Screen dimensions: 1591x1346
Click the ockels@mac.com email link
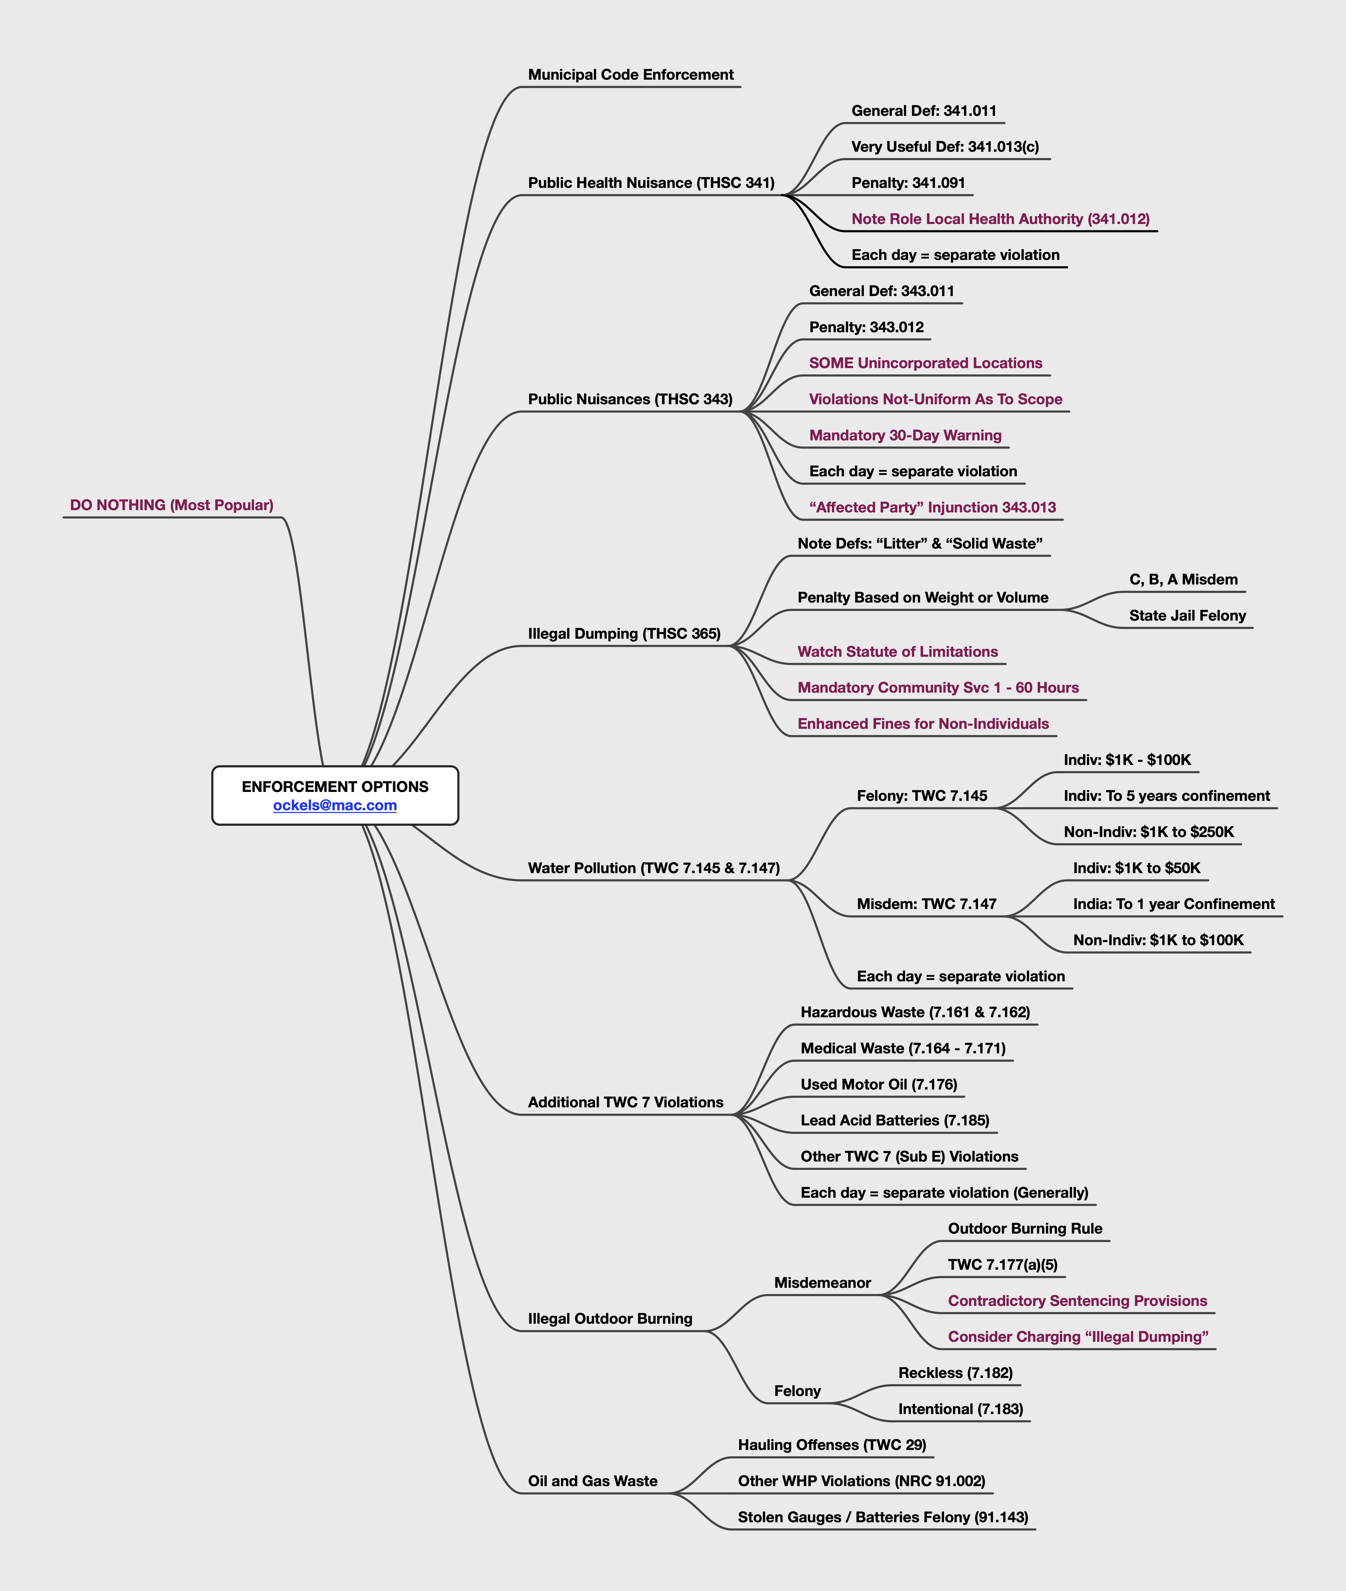click(335, 805)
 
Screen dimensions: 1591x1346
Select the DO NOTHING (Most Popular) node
click(172, 505)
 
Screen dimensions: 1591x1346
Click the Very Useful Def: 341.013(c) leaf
click(945, 147)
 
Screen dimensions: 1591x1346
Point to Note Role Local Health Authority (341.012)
click(1000, 219)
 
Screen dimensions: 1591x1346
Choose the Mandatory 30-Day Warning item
click(905, 435)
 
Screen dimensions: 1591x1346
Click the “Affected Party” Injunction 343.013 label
click(932, 507)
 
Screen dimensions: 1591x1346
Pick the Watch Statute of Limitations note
click(897, 652)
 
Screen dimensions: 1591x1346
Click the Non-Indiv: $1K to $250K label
click(1148, 832)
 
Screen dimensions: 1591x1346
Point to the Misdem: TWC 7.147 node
click(926, 904)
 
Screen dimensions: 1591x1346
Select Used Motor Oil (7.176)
click(878, 1084)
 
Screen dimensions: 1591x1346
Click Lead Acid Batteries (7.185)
click(894, 1120)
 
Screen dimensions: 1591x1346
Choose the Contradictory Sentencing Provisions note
click(1077, 1301)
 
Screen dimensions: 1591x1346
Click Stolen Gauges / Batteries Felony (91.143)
click(882, 1517)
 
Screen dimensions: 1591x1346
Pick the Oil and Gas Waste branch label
click(592, 1481)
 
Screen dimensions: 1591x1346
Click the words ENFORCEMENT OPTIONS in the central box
click(335, 787)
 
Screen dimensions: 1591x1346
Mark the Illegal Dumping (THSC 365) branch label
click(623, 633)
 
